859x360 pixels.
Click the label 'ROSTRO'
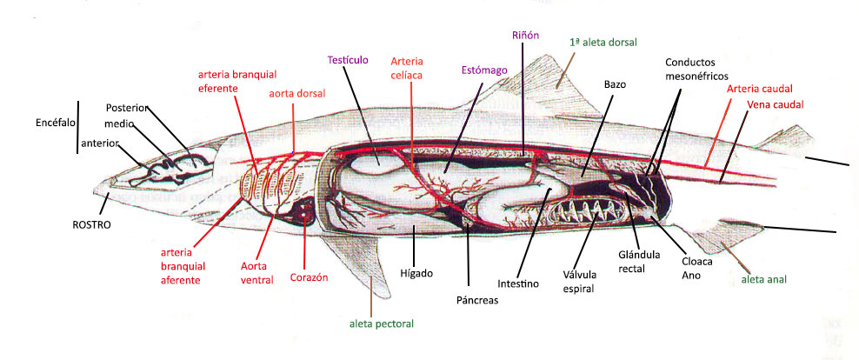coord(92,223)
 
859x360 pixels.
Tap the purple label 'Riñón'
coord(526,36)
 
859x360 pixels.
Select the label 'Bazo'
coord(615,84)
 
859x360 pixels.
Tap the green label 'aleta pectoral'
coord(381,324)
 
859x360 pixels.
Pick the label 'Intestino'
coord(518,283)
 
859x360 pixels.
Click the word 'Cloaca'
coord(697,261)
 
